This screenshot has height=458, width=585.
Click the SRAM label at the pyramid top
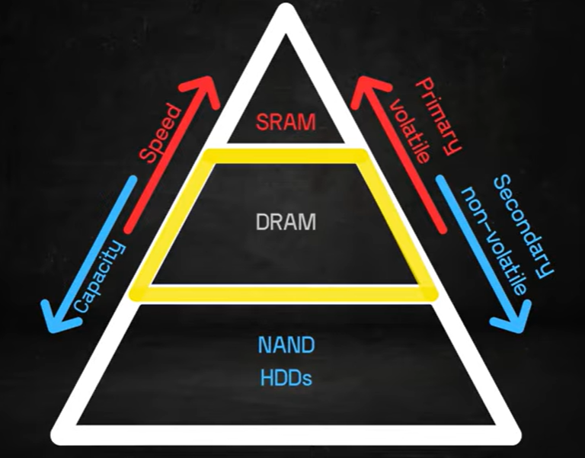(284, 122)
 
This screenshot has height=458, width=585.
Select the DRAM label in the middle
(285, 222)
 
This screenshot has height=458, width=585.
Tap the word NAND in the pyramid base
(285, 345)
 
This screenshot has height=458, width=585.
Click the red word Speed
(161, 134)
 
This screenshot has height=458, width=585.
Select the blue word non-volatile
(496, 240)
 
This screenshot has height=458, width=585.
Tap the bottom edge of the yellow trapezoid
(285, 293)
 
